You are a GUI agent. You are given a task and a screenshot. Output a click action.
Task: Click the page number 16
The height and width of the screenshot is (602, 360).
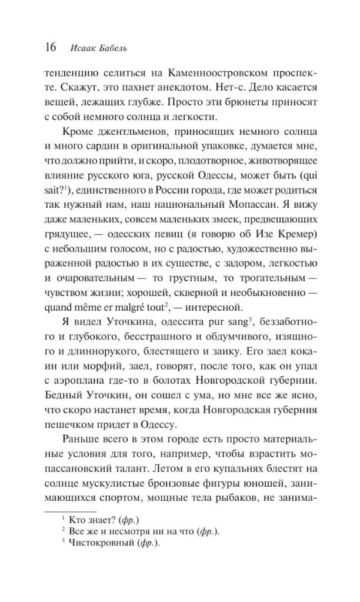coord(48,48)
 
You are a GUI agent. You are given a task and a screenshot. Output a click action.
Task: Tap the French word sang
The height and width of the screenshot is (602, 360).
coord(219,320)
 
